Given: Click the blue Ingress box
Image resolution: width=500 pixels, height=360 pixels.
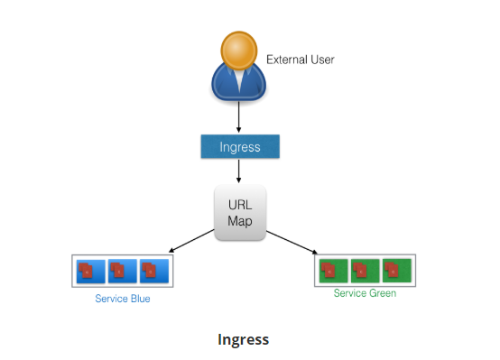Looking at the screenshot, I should [240, 146].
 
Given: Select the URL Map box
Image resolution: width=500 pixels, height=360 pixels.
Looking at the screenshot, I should [240, 213].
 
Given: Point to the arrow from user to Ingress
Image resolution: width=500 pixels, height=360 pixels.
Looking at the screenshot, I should [240, 116].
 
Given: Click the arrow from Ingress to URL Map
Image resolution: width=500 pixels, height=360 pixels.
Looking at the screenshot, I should [240, 171].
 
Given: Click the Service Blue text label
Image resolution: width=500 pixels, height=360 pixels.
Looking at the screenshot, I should [123, 299].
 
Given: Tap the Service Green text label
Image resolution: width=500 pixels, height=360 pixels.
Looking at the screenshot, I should [365, 293].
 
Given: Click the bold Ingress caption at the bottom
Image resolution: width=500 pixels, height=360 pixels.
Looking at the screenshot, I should [243, 339].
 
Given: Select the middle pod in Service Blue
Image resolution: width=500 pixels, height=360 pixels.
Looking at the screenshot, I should [123, 270].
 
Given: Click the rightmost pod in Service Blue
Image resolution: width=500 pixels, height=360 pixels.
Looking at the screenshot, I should [154, 270].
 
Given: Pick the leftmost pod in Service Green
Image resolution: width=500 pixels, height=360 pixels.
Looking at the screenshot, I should [332, 269].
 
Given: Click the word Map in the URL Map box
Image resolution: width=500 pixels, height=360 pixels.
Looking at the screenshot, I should [240, 222].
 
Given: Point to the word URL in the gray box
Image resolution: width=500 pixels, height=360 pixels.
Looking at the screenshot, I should [240, 205].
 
